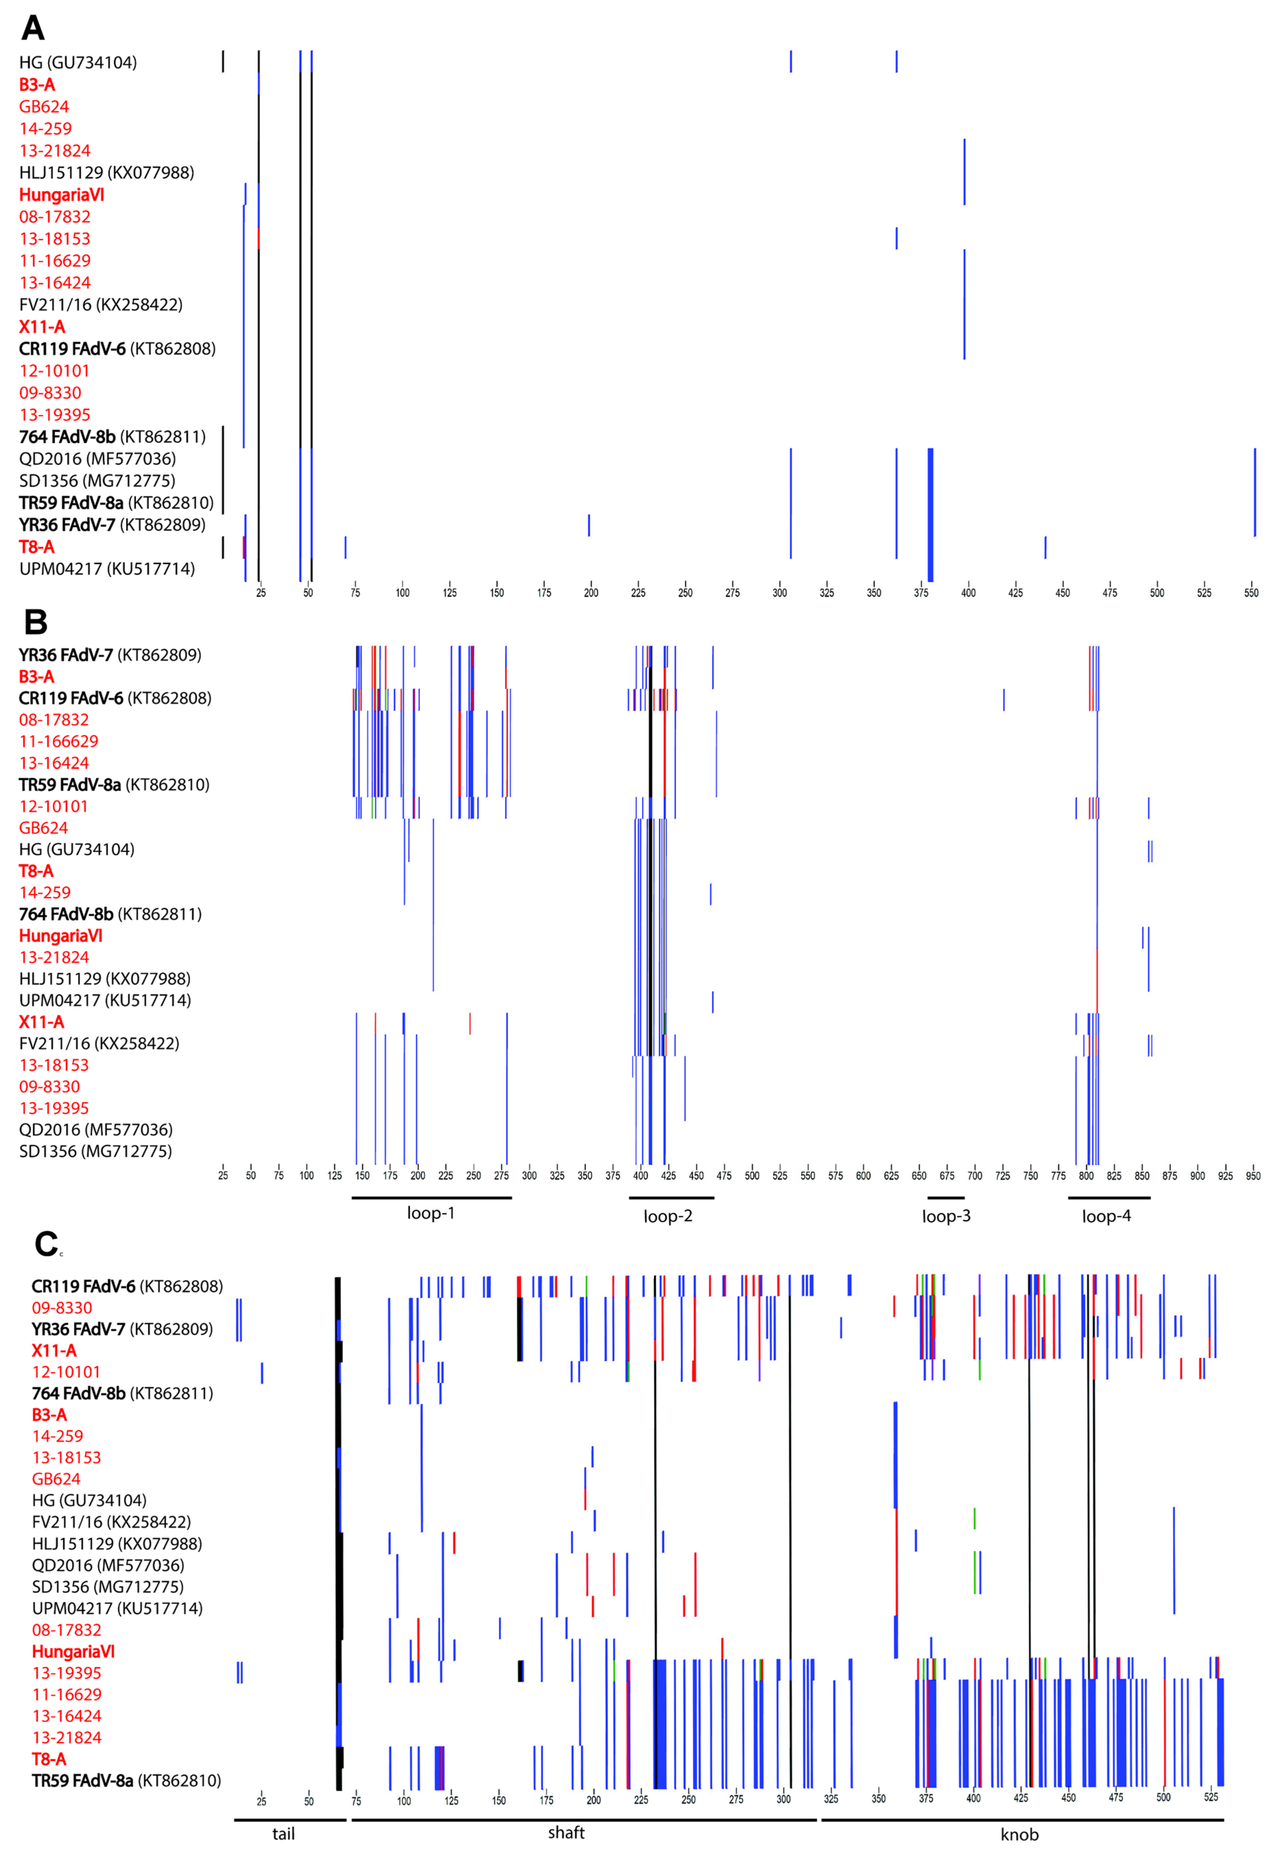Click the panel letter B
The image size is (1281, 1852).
coord(35,622)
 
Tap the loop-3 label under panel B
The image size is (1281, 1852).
coord(946,1217)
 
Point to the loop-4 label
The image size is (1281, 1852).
coord(1106,1217)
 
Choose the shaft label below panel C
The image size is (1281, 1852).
coord(566,1833)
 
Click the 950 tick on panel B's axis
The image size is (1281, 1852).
coord(1252,1176)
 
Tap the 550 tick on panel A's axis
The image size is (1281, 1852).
coord(1251,593)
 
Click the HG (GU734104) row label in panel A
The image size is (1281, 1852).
coord(78,63)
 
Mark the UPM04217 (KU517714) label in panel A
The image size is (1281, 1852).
coord(107,569)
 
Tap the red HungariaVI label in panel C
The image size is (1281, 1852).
coord(73,1651)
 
